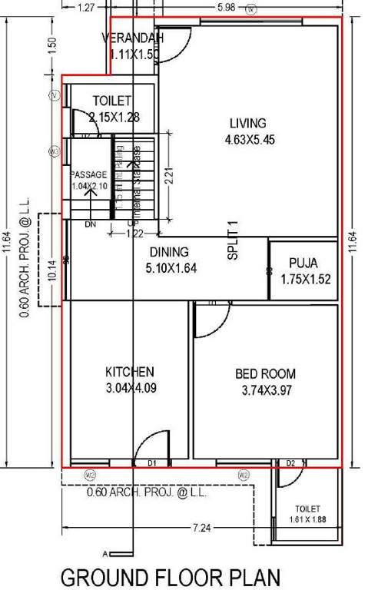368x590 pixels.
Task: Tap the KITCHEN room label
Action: tap(130, 372)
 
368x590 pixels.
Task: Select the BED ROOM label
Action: tap(265, 374)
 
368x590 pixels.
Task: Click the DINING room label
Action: tap(168, 253)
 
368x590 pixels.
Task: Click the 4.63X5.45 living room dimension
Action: tap(249, 141)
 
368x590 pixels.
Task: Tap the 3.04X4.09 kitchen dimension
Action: tap(131, 388)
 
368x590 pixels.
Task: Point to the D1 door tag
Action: tap(152, 462)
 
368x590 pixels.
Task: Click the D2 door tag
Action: tap(290, 462)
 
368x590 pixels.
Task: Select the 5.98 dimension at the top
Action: tap(226, 7)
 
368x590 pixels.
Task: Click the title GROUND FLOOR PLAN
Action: tap(170, 576)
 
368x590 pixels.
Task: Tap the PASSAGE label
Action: tap(88, 174)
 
